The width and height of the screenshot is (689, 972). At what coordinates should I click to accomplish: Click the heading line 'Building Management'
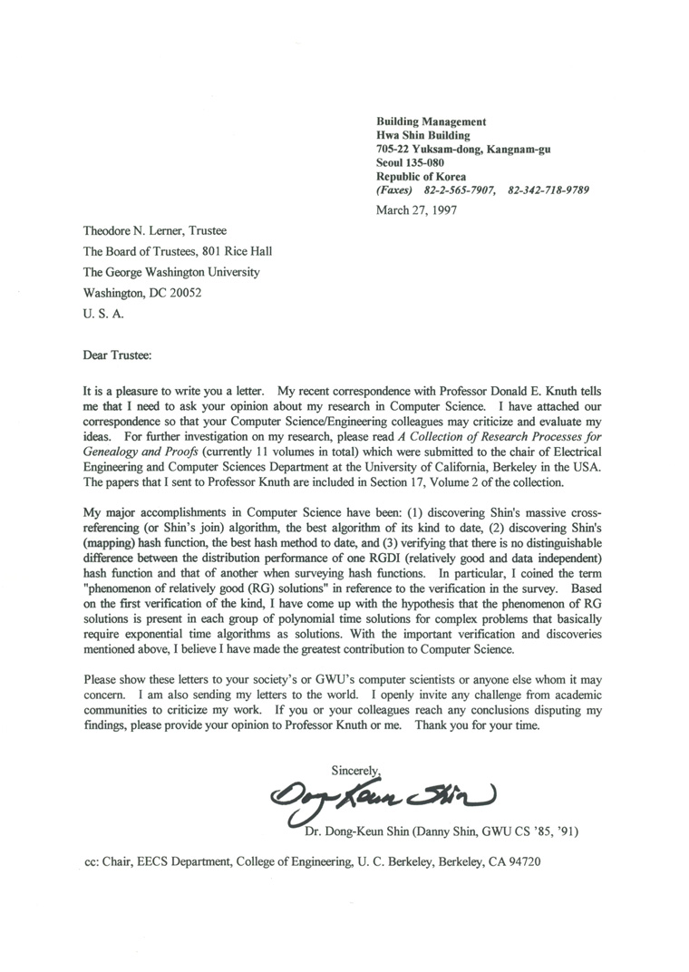(432, 121)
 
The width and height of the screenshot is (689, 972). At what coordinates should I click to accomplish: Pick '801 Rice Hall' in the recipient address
(238, 252)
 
